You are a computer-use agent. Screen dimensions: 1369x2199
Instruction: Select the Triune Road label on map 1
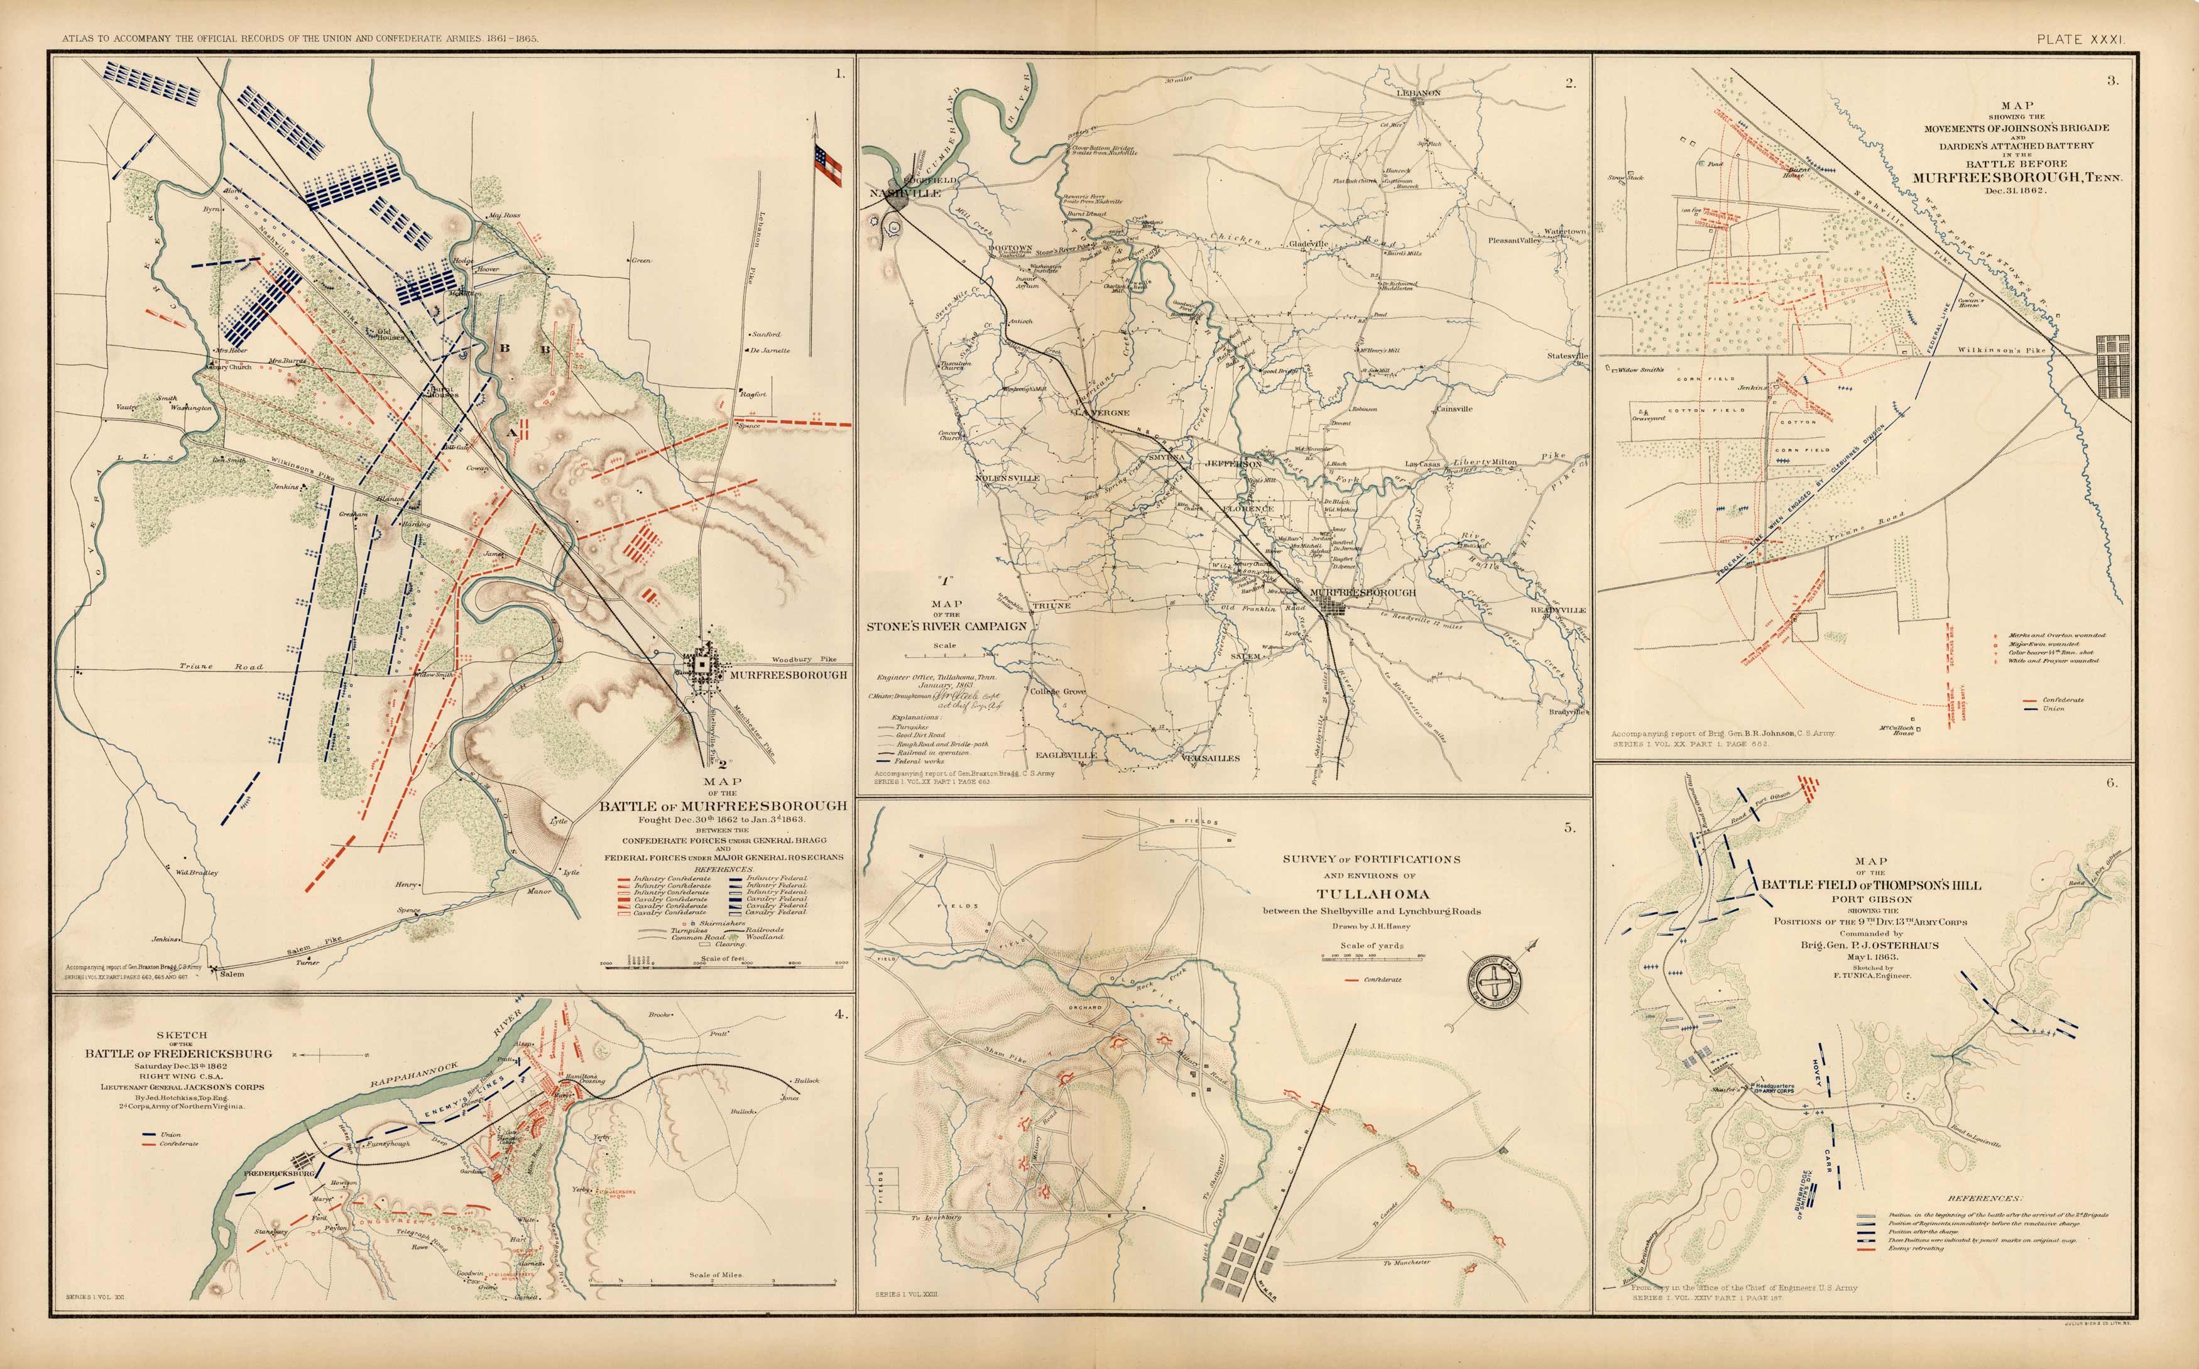(x=220, y=667)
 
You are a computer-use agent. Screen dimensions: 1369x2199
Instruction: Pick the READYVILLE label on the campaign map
(x=1558, y=610)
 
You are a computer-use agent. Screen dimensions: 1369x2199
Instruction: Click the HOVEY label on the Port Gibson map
(x=1815, y=1074)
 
